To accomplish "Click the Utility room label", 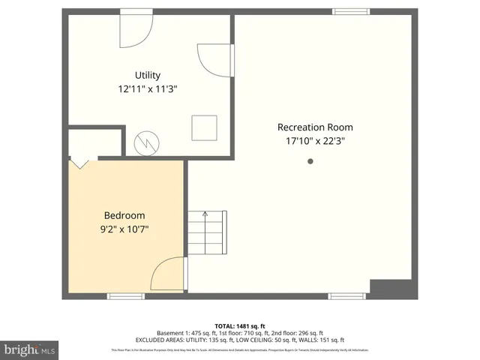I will click(148, 75).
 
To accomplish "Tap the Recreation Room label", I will click(315, 127).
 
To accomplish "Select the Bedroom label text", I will click(124, 215).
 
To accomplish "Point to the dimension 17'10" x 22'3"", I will click(315, 140).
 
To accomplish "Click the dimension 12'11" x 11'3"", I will click(148, 88).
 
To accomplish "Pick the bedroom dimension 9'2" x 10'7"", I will click(124, 229).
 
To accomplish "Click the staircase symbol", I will click(207, 233).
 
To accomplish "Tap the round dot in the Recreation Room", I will click(310, 161).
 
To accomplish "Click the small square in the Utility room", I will click(204, 127).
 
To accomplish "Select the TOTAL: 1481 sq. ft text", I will click(240, 325).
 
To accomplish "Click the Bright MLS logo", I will click(30, 349).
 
